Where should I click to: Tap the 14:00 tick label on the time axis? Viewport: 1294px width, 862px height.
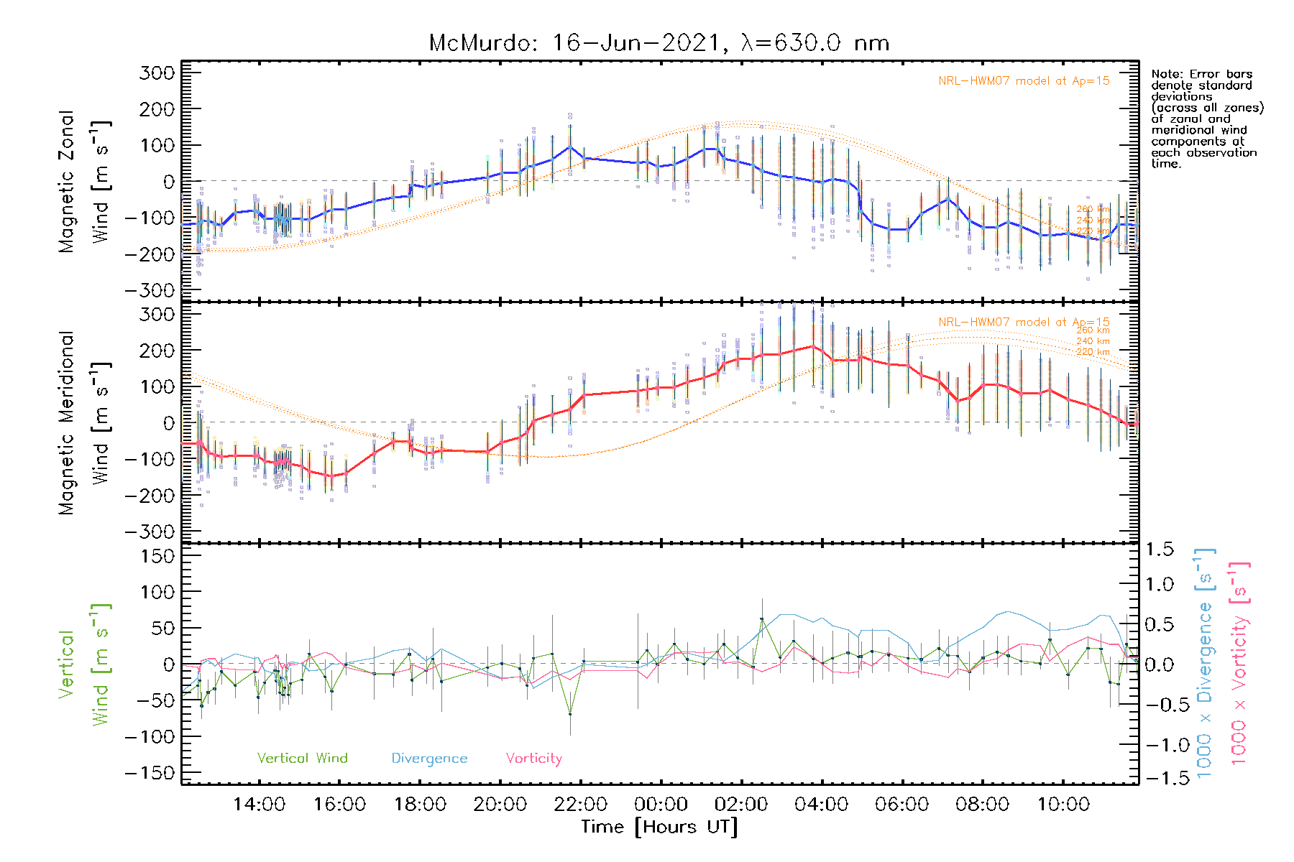tap(259, 804)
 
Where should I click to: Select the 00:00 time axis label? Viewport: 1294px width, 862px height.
tap(661, 804)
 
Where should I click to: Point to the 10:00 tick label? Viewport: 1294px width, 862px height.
tap(1063, 804)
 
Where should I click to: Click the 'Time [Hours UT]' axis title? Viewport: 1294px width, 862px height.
tap(659, 827)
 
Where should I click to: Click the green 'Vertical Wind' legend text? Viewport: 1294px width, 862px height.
tap(302, 758)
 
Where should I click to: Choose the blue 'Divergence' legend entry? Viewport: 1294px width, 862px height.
tap(429, 758)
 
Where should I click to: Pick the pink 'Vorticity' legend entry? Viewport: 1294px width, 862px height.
tap(533, 758)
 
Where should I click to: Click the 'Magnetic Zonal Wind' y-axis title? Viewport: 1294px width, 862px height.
tap(84, 182)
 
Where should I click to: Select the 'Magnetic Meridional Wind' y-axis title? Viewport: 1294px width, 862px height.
tap(84, 423)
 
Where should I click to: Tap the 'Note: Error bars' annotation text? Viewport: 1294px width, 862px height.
tap(1201, 74)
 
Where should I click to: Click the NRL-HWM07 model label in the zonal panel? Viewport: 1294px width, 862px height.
tap(1024, 80)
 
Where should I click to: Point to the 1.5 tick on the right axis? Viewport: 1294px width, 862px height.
tap(1159, 550)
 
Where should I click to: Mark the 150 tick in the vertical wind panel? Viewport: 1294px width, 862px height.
tap(157, 556)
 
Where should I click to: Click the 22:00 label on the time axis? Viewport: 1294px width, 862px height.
tap(580, 804)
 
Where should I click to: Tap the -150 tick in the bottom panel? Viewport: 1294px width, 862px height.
tap(150, 773)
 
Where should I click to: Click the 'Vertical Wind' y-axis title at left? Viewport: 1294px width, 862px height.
tap(84, 664)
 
